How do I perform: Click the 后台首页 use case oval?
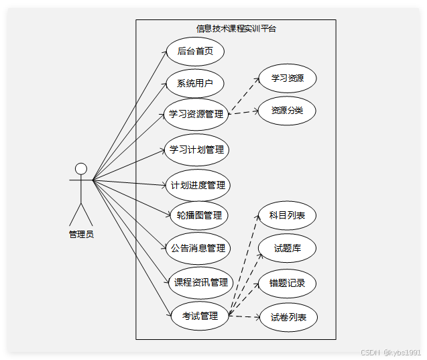pyautogui.click(x=195, y=51)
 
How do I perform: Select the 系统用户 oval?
pyautogui.click(x=195, y=84)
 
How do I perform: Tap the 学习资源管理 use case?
pyautogui.click(x=196, y=114)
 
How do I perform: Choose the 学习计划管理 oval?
pyautogui.click(x=196, y=149)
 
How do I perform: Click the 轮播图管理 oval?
pyautogui.click(x=198, y=215)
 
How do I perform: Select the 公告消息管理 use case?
pyautogui.click(x=198, y=248)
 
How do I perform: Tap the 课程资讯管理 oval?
pyautogui.click(x=200, y=282)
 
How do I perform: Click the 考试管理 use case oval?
pyautogui.click(x=200, y=316)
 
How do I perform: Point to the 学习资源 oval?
pyautogui.click(x=287, y=78)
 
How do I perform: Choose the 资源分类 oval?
pyautogui.click(x=287, y=110)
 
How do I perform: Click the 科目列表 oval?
pyautogui.click(x=287, y=215)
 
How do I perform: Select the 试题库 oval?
pyautogui.click(x=287, y=248)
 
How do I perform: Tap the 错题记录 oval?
pyautogui.click(x=287, y=283)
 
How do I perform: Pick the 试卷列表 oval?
pyautogui.click(x=288, y=317)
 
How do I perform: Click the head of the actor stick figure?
pyautogui.click(x=81, y=168)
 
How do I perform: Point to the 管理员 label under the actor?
pyautogui.click(x=81, y=234)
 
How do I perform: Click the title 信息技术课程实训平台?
pyautogui.click(x=236, y=28)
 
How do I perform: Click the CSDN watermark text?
pyautogui.click(x=389, y=351)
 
